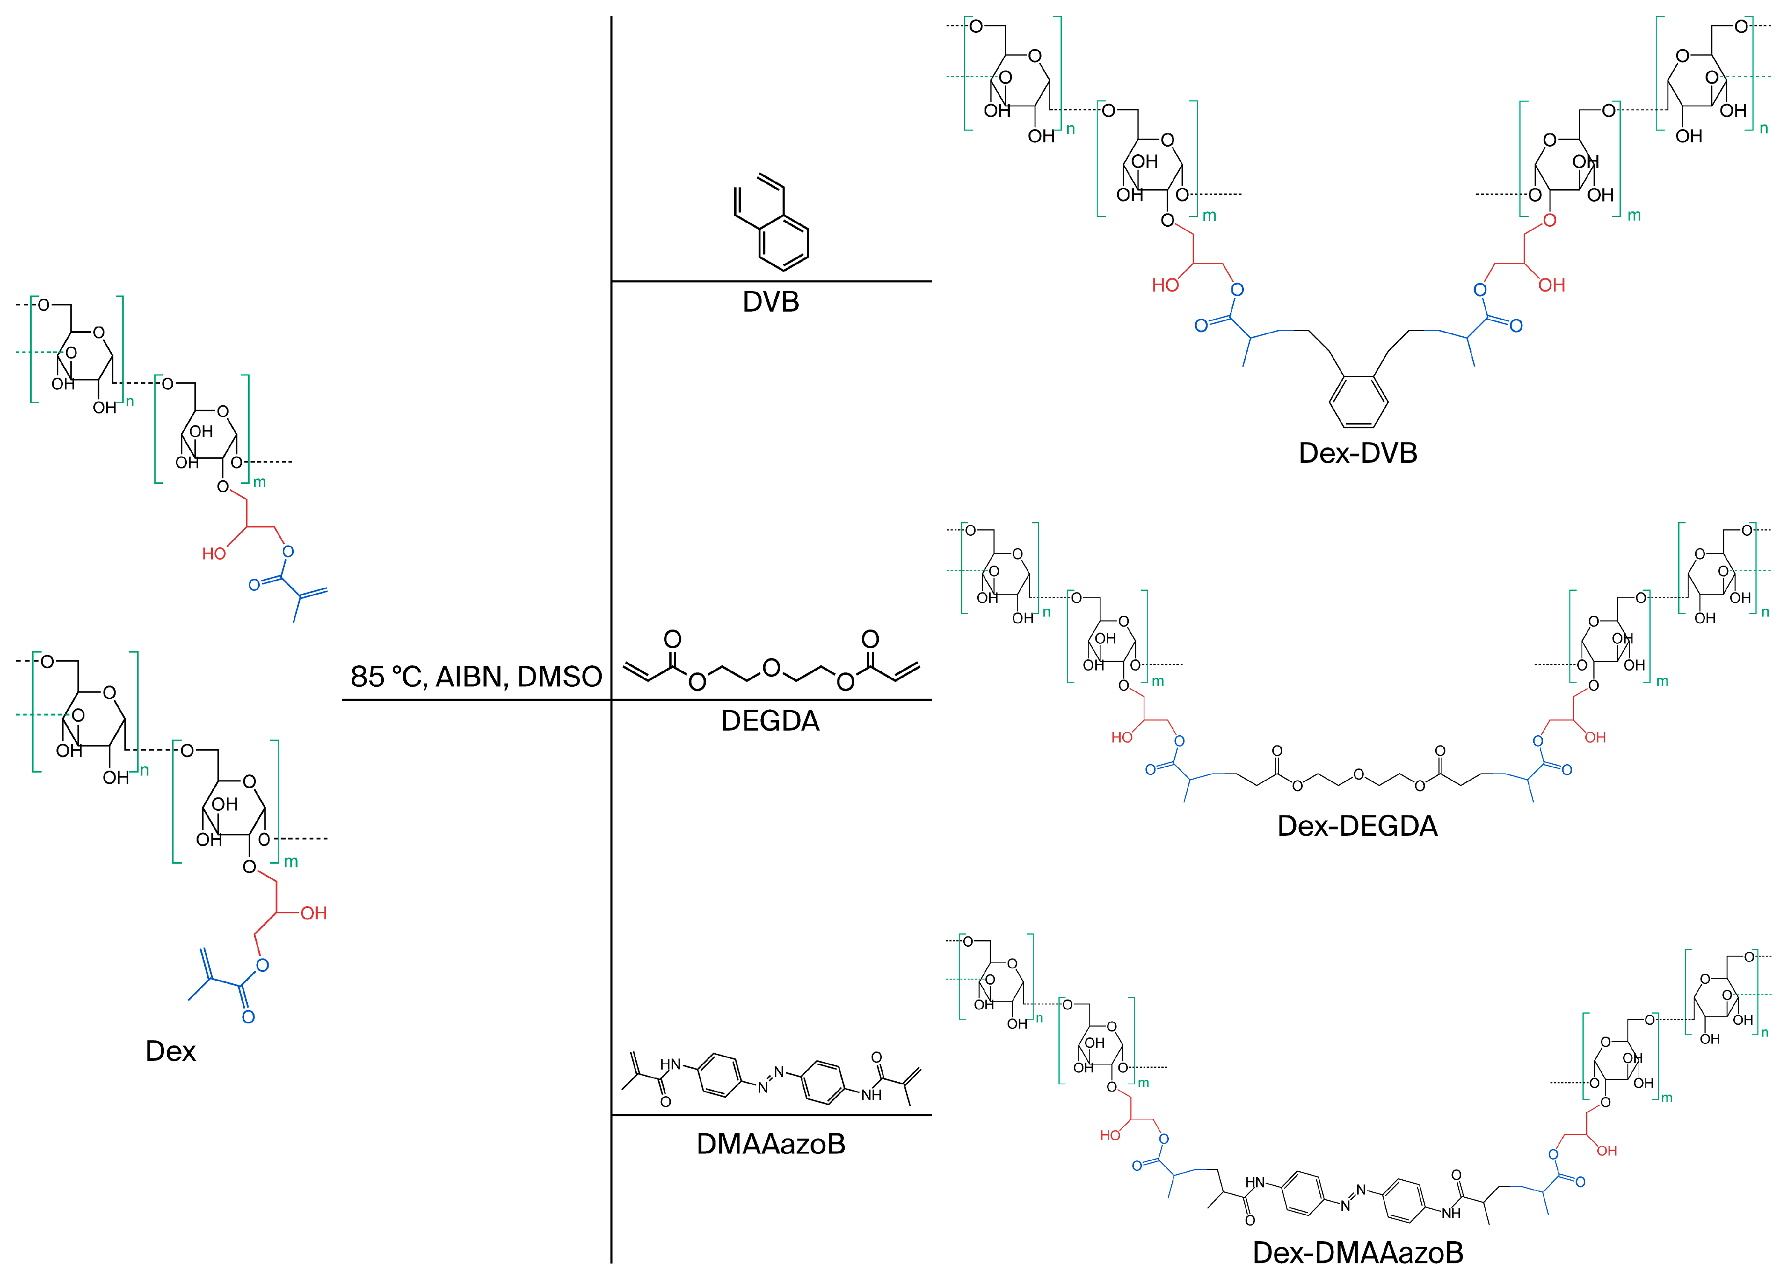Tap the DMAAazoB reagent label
(771, 1143)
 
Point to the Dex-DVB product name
(1358, 453)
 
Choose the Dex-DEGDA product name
(1358, 826)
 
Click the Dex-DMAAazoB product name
(1358, 1252)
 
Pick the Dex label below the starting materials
(171, 1052)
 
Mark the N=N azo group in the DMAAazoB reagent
(771, 1079)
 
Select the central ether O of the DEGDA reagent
(771, 668)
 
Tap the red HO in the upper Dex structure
(214, 554)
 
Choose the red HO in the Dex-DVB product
(1165, 286)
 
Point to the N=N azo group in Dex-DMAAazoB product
(1353, 1197)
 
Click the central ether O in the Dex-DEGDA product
(1358, 775)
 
